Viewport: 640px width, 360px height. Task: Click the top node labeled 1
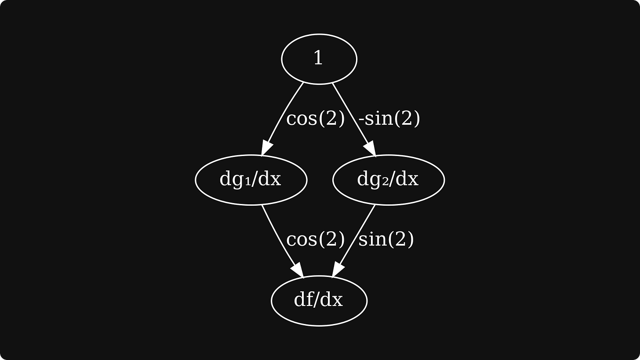coord(319,59)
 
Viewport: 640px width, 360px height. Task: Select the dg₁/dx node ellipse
coord(251,180)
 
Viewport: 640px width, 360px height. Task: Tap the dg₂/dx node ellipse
coord(388,180)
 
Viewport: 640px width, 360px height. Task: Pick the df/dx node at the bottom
coord(319,301)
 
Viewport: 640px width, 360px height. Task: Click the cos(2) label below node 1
coord(315,118)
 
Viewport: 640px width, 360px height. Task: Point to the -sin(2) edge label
coord(389,118)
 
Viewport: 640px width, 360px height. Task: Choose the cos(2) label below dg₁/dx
coord(315,239)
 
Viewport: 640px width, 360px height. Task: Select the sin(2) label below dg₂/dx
coord(386,239)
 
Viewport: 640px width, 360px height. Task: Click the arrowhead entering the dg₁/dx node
coord(265,148)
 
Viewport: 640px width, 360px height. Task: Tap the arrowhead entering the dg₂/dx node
coord(370,149)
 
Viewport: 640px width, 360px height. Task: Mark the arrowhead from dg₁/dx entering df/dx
coord(298,270)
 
